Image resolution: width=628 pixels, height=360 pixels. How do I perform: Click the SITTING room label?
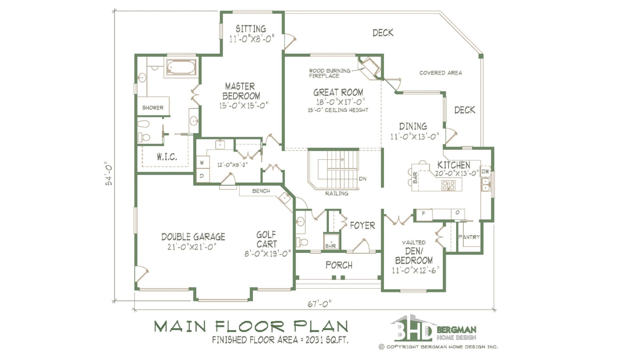click(251, 29)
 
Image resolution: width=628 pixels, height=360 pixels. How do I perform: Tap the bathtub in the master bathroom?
click(181, 67)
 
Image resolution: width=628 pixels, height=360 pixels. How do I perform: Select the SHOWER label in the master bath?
click(153, 108)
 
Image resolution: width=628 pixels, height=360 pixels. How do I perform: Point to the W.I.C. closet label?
click(167, 157)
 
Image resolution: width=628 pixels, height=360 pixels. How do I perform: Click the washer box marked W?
click(202, 163)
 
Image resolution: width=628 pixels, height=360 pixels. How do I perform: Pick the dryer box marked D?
click(202, 176)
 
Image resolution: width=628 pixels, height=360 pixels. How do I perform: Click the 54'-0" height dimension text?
click(109, 173)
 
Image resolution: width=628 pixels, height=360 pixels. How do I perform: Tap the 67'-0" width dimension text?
click(319, 304)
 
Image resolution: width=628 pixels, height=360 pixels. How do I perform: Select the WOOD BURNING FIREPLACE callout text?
click(329, 73)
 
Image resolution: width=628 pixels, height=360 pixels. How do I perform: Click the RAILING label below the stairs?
click(337, 193)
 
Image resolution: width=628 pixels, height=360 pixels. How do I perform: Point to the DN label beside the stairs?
click(363, 179)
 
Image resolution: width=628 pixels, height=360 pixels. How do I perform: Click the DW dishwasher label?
click(485, 171)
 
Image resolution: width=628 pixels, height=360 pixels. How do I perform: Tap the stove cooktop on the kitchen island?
click(448, 186)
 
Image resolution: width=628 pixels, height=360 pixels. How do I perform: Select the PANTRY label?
click(469, 237)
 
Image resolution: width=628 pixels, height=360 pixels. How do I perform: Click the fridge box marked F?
click(424, 214)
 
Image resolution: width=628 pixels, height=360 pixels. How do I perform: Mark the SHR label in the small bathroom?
click(330, 246)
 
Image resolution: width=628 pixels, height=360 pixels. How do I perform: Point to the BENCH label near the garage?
click(261, 191)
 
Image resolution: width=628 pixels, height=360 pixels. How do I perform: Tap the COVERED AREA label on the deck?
click(441, 73)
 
